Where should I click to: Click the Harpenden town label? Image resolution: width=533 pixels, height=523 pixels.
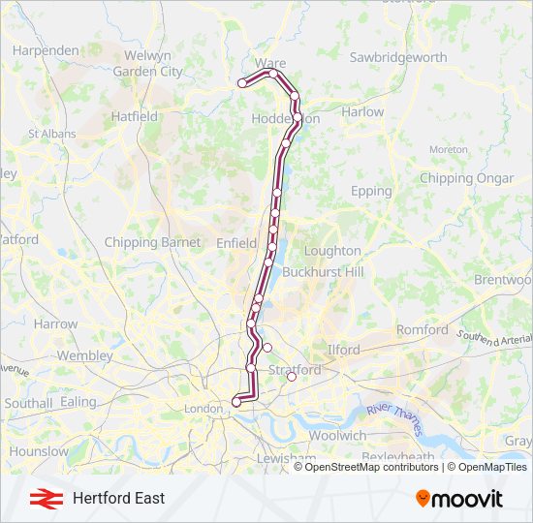[45, 50]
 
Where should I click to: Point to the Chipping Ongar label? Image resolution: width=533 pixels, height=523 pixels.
[466, 178]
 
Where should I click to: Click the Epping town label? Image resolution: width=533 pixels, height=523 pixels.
[371, 191]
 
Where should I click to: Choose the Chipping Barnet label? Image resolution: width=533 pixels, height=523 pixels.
[152, 242]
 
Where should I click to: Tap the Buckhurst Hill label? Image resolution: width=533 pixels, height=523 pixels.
[323, 272]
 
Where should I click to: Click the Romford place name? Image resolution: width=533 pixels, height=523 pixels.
[423, 329]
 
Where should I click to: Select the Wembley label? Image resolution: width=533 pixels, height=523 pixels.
[85, 355]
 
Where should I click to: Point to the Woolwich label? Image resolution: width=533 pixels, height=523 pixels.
[338, 436]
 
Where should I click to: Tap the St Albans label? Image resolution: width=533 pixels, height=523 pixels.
[46, 134]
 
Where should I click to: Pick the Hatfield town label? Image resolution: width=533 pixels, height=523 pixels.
[135, 116]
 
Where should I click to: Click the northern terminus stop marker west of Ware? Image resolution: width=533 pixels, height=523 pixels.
[242, 84]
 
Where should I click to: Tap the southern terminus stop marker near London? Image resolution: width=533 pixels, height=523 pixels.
[236, 402]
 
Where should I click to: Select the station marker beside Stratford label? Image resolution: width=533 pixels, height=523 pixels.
[292, 378]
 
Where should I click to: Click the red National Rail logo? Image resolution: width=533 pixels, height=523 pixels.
[42, 498]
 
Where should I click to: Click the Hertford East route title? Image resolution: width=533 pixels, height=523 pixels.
[118, 498]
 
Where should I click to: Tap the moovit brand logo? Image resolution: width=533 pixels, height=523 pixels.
[459, 499]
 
